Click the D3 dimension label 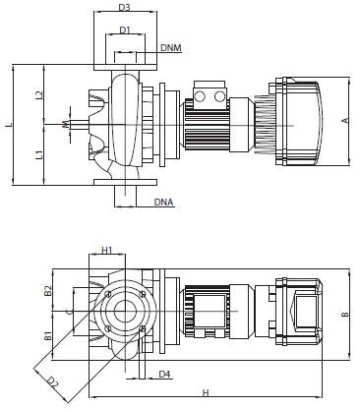[124, 7]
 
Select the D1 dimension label [125, 30]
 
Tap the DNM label [171, 48]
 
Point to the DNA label [163, 203]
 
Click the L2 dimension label [39, 95]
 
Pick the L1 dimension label [39, 154]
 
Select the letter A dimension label [345, 121]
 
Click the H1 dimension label [107, 251]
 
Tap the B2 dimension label [48, 291]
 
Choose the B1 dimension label [48, 335]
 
